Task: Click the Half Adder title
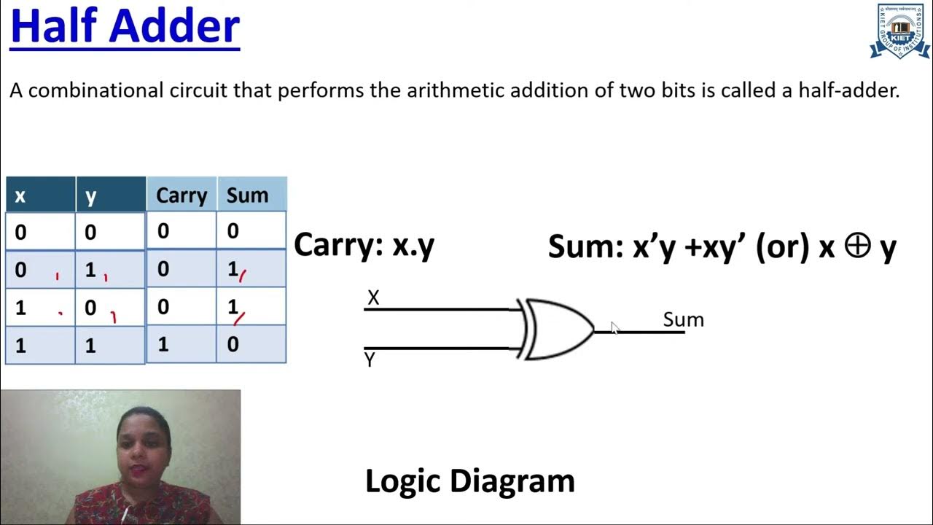125,26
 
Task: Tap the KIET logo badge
900,31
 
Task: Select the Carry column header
181,195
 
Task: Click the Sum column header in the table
247,195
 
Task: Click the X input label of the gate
373,297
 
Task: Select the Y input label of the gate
370,359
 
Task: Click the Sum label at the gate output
683,319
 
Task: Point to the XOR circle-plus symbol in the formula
857,246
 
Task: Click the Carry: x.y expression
364,246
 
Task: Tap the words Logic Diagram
469,481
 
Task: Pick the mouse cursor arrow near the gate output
614,328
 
